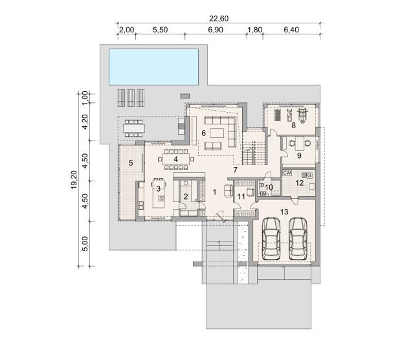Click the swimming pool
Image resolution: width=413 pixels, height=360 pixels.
click(153, 67)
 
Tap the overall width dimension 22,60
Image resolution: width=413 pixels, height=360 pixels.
click(219, 19)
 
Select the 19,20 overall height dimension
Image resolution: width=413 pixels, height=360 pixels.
click(74, 179)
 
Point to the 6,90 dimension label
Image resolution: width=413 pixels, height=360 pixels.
click(216, 30)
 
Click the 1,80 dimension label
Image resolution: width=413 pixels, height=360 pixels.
click(254, 30)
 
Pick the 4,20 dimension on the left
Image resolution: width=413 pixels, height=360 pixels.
click(85, 122)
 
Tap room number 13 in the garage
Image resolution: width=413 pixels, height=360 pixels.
click(284, 212)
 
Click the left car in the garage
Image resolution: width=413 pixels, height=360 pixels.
click(272, 238)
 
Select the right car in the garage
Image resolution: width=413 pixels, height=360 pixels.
click(298, 238)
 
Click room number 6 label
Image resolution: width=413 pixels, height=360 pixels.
click(204, 133)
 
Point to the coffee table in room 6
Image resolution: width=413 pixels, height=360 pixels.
click(217, 133)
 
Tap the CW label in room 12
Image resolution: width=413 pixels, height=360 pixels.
click(287, 173)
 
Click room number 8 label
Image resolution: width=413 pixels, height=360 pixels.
click(293, 126)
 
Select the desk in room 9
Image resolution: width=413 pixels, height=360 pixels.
click(300, 144)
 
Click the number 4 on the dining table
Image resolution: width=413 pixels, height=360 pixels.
click(175, 159)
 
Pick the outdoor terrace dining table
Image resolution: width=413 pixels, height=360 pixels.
click(134, 128)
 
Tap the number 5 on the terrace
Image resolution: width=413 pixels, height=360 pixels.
click(131, 163)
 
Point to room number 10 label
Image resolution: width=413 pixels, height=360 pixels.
click(269, 187)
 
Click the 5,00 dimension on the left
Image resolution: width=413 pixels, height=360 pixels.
click(85, 244)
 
